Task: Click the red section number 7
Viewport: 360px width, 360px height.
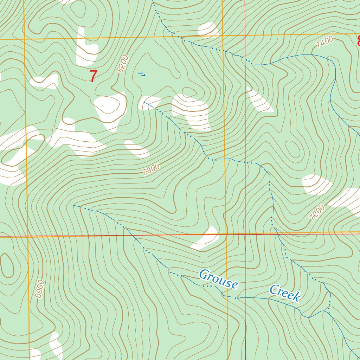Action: [93, 76]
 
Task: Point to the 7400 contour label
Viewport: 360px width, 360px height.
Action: [324, 43]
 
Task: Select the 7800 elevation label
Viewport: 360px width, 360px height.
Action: [151, 169]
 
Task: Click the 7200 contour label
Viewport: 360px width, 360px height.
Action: [317, 213]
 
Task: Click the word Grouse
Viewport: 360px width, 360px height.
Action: [218, 279]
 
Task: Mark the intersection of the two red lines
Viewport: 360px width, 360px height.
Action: [245, 234]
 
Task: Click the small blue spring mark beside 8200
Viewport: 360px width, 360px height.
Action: [142, 74]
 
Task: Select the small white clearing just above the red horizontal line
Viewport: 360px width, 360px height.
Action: [206, 239]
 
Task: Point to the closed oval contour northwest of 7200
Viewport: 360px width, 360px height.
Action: [292, 149]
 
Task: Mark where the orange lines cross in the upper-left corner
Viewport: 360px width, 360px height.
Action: [24, 39]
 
